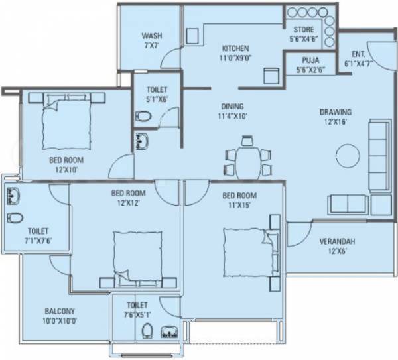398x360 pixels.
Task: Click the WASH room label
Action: (x=152, y=36)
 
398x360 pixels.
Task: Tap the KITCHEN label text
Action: (x=235, y=48)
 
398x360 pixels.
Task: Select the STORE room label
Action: (x=304, y=30)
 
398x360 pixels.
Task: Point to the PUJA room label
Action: (x=304, y=60)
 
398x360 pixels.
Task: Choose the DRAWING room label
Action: (x=335, y=112)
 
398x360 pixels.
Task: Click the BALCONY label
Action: (x=60, y=311)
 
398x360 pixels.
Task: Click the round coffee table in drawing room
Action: (x=347, y=157)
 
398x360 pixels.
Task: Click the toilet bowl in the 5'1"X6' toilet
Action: (x=142, y=117)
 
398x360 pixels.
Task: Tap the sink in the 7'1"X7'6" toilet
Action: (x=13, y=196)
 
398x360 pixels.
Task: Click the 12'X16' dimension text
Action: (x=335, y=122)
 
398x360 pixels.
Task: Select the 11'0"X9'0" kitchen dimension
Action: (x=235, y=58)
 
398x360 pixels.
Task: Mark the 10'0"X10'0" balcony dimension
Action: (x=60, y=321)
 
